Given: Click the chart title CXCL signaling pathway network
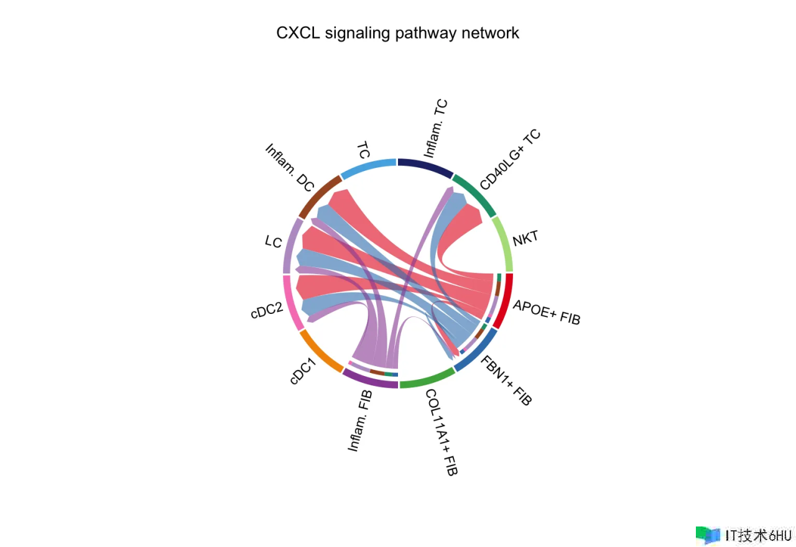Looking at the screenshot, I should click(x=397, y=33).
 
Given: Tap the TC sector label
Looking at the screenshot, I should click(x=364, y=150).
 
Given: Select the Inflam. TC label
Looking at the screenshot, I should click(x=436, y=128).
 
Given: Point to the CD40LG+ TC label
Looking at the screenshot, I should click(x=510, y=160).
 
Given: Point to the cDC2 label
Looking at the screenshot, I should click(x=267, y=308).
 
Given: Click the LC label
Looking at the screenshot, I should click(x=274, y=241).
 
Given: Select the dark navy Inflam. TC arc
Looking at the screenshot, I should click(x=425, y=165).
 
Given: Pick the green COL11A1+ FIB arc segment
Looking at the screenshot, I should click(x=427, y=379).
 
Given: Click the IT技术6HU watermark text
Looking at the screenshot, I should click(x=757, y=535).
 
